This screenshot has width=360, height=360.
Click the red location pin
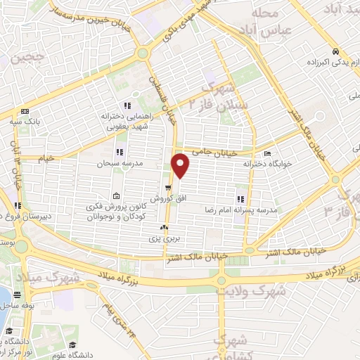(x=181, y=166)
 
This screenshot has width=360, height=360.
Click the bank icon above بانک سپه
(x=26, y=111)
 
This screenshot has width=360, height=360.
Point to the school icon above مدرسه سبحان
(x=119, y=151)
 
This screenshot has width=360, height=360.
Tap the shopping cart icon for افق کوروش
(x=167, y=187)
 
